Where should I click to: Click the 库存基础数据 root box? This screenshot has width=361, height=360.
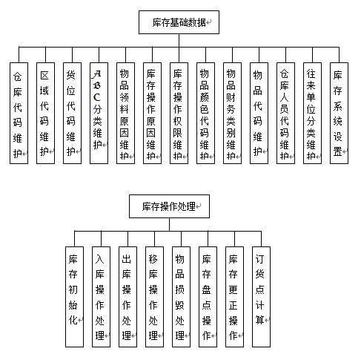179,22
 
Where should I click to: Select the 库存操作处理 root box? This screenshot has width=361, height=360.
169,206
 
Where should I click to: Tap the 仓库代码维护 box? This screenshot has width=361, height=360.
19,113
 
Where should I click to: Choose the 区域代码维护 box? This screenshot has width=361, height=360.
45,113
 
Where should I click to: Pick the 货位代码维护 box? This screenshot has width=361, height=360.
72,113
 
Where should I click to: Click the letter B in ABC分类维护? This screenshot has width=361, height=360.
97,85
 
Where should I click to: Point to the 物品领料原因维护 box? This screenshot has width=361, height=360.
125,113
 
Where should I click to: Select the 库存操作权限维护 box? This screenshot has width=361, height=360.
179,113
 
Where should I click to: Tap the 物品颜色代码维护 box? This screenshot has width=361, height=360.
205,113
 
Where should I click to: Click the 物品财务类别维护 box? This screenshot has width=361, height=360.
232,113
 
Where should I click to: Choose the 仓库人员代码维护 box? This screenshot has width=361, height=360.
285,113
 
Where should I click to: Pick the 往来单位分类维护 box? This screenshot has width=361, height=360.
312,113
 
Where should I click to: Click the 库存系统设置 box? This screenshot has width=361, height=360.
339,113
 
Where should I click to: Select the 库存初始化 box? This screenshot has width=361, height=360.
74,297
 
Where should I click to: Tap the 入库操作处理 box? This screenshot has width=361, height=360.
101,297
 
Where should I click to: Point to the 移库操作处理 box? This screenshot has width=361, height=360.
154,297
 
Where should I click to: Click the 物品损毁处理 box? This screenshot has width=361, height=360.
181,297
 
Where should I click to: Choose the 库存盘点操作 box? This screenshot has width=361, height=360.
208,297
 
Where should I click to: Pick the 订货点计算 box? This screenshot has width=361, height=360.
261,297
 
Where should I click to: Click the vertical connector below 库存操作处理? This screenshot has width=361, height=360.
169,225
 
